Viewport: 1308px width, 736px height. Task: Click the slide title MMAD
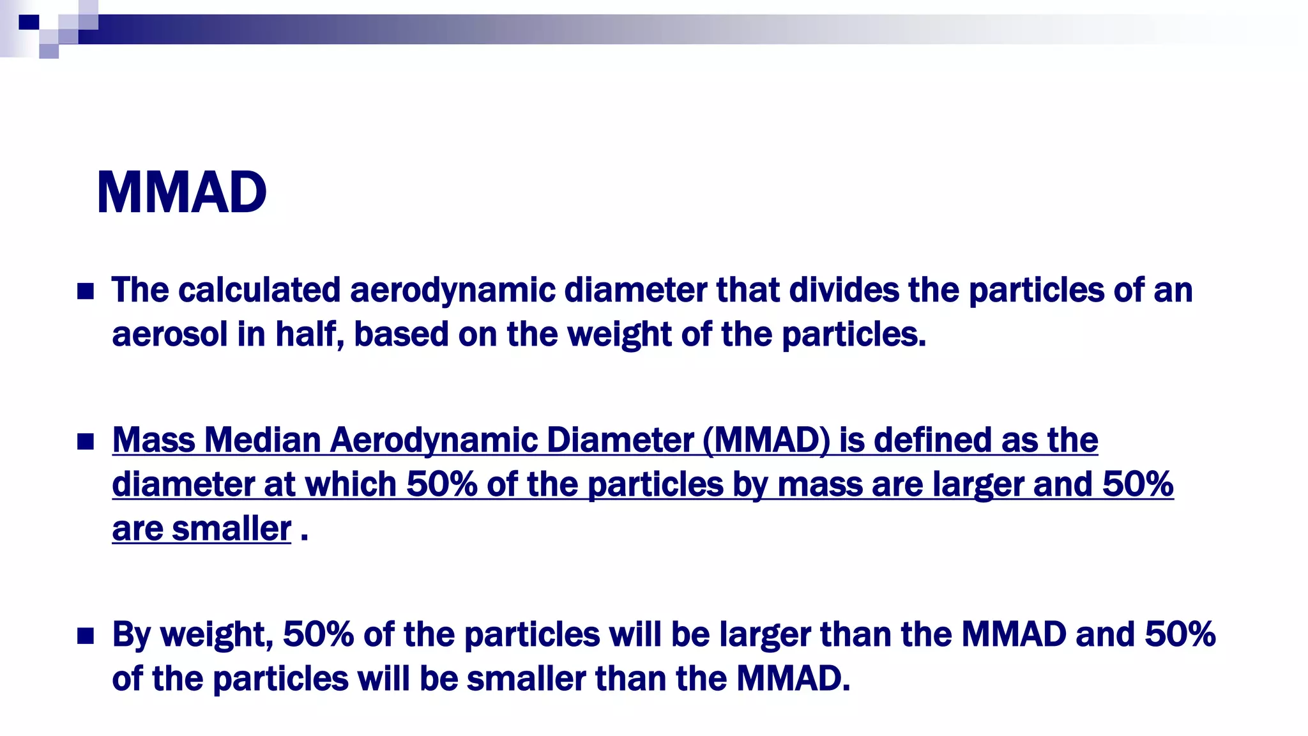click(181, 192)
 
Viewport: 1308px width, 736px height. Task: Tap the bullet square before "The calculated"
click(86, 292)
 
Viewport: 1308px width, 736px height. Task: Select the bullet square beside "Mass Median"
click(86, 441)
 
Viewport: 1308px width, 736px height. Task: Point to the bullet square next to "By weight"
click(86, 636)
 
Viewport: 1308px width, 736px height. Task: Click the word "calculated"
click(259, 290)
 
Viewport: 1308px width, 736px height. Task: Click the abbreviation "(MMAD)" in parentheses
click(766, 440)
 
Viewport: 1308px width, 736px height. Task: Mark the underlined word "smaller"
click(231, 529)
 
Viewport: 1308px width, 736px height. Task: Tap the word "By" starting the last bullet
click(131, 635)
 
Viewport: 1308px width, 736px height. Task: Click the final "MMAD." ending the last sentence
click(793, 678)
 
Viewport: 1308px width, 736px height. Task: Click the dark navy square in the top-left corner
click(29, 22)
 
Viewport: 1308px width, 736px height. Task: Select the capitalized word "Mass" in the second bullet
click(153, 440)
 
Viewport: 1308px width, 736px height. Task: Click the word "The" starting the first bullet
click(140, 290)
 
